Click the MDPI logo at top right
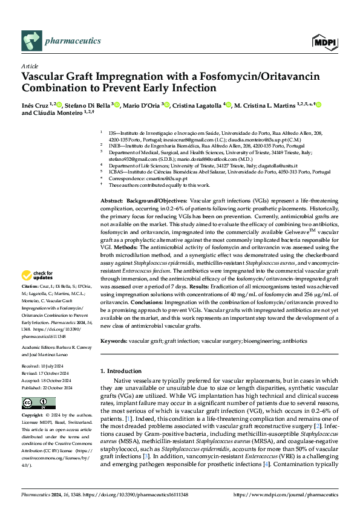pos(324,42)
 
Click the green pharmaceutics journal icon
pos(30,41)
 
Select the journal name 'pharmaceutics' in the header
pos(73,41)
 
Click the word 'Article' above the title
pos(30,66)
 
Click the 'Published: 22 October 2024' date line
pos(49,387)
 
